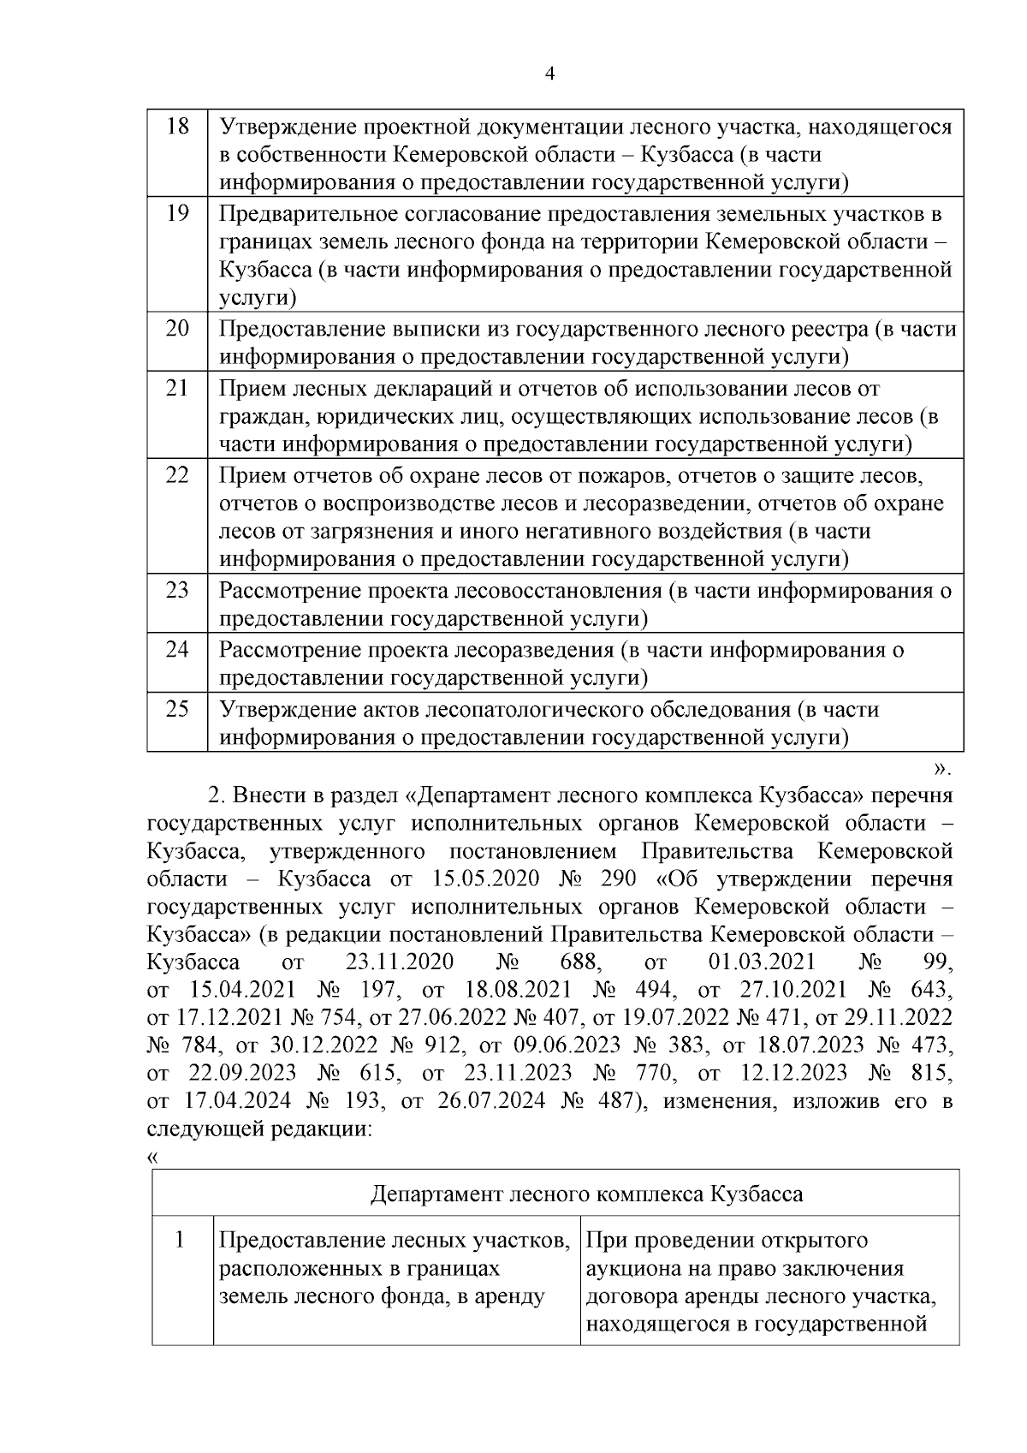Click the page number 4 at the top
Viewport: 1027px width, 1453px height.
(x=550, y=74)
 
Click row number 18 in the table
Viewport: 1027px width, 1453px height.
(x=176, y=126)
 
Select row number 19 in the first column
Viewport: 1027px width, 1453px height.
(x=176, y=212)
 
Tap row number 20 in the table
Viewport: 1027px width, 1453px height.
(x=176, y=328)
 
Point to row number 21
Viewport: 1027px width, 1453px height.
(x=176, y=387)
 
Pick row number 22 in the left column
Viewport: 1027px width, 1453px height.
(x=176, y=473)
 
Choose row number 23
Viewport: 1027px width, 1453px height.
(x=176, y=590)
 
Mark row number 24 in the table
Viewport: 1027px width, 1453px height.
(x=176, y=649)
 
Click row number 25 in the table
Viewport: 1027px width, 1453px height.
(x=176, y=709)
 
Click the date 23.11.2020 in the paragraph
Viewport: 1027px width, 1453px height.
(x=399, y=962)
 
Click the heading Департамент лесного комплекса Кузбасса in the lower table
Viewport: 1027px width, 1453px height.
(x=586, y=1194)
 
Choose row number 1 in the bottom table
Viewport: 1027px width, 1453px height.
(x=181, y=1240)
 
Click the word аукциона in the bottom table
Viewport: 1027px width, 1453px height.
(x=632, y=1268)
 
